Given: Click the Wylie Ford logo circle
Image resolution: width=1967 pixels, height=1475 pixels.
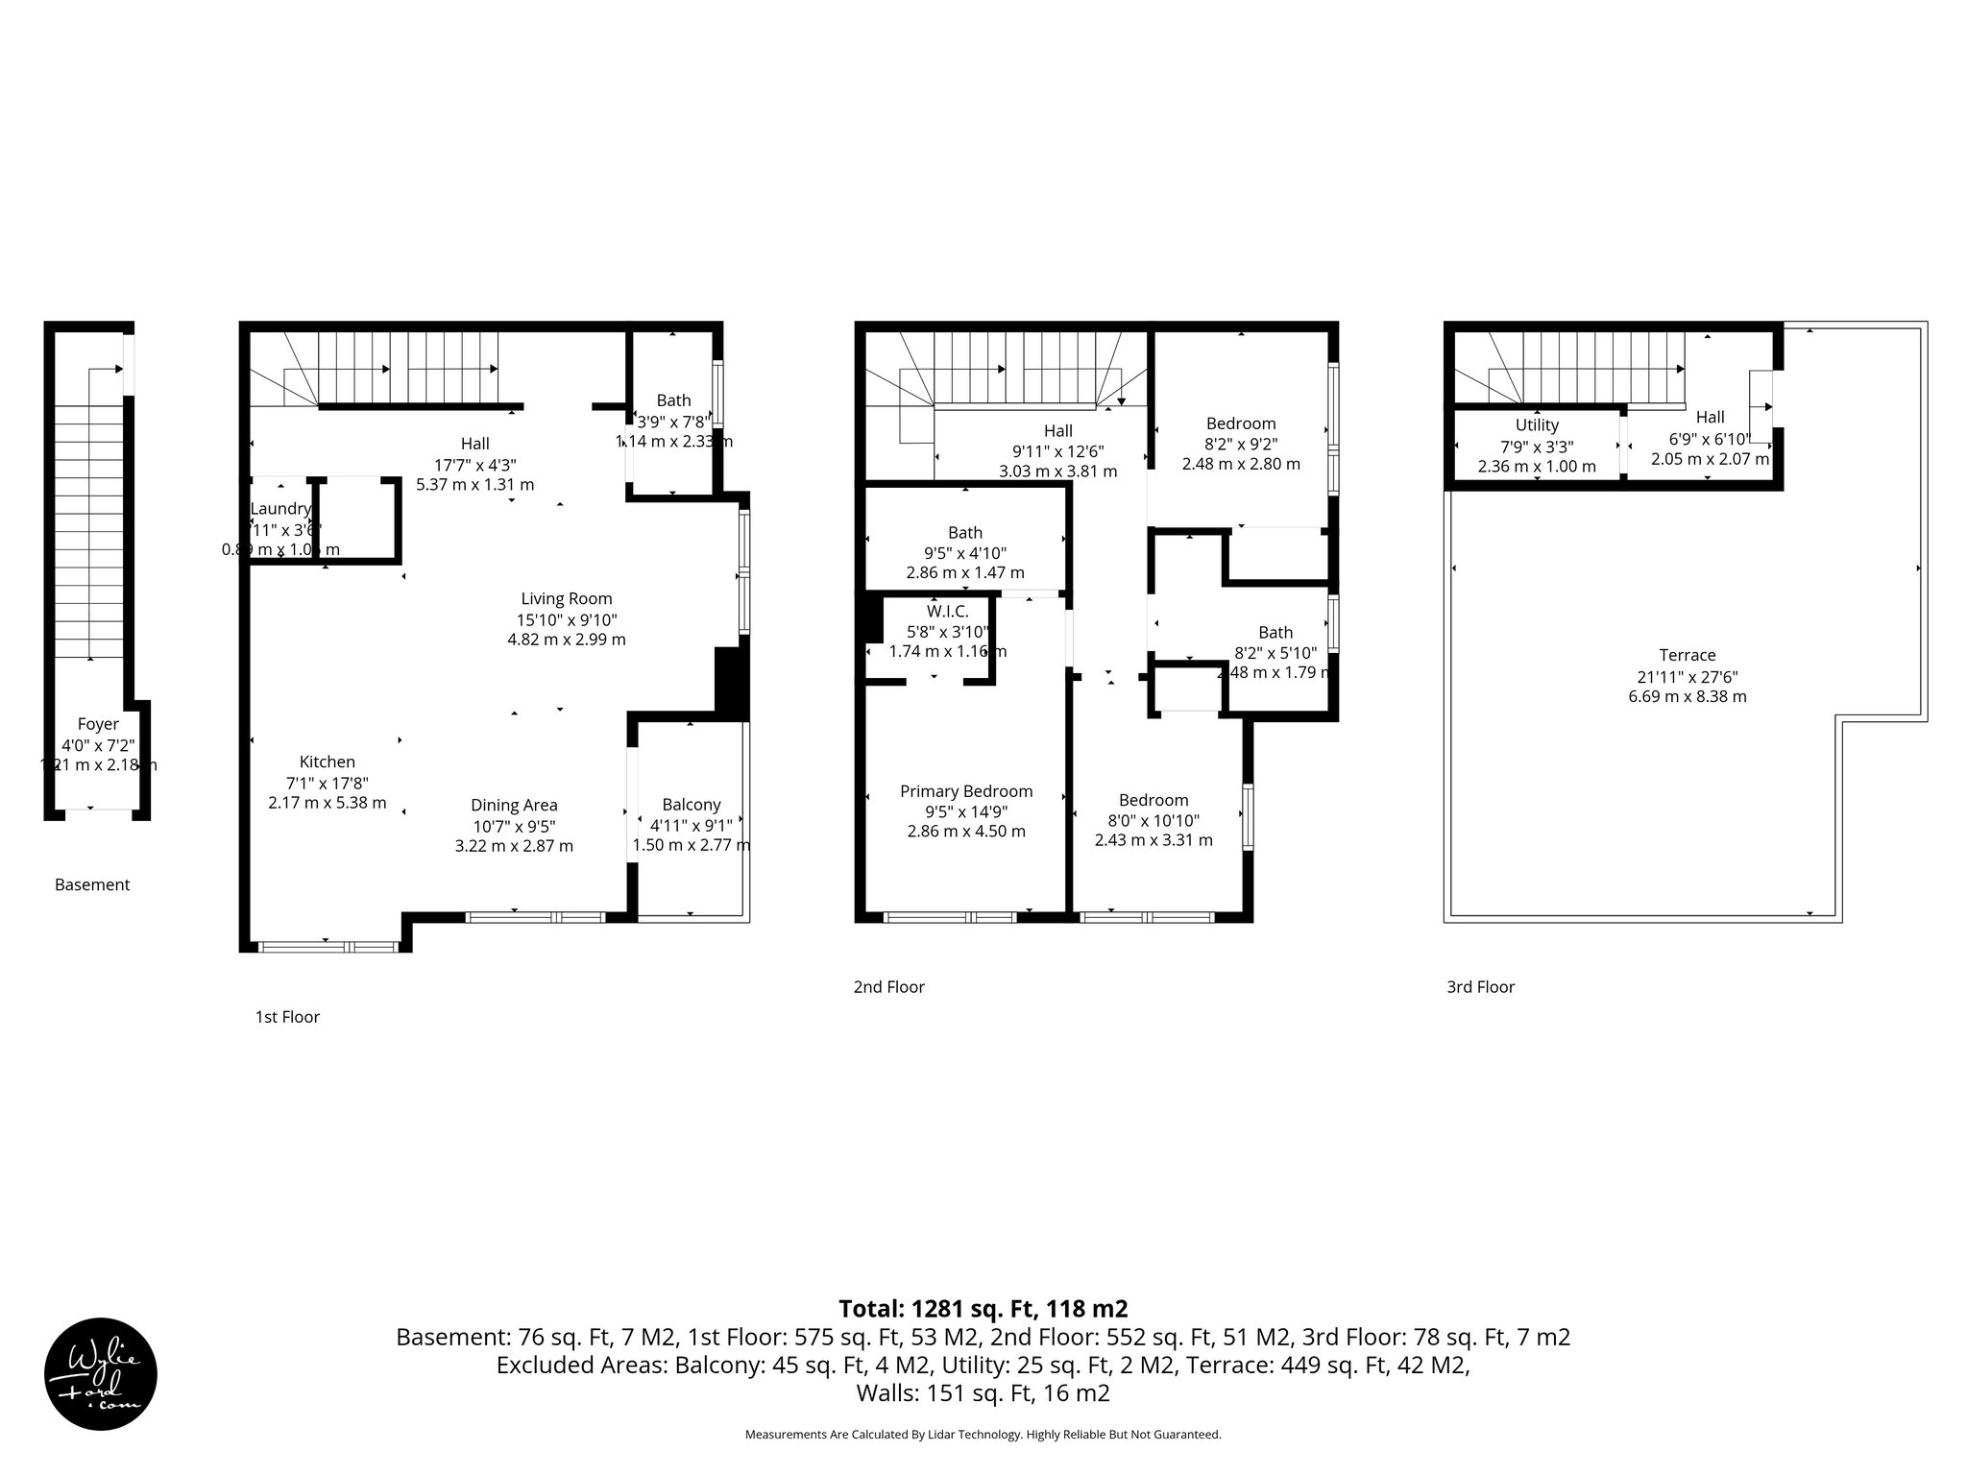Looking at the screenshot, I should [101, 1373].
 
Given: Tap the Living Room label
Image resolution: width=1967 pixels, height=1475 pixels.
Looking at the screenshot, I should [566, 598].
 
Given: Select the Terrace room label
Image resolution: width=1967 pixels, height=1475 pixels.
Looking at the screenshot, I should [1687, 655].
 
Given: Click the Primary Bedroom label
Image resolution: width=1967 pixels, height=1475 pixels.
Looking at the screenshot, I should [966, 791].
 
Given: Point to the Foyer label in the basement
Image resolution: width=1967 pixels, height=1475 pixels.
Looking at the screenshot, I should [98, 724].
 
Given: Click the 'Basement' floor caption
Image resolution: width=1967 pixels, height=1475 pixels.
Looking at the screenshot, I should [92, 884].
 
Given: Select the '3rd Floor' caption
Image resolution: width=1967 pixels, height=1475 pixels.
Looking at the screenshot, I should [1480, 986].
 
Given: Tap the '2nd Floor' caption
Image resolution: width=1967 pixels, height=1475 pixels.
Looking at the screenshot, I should [888, 986].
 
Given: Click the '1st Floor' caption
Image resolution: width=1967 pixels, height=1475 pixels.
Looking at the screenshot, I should [287, 1016].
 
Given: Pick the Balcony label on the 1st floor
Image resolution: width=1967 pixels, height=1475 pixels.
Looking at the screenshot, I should [691, 805].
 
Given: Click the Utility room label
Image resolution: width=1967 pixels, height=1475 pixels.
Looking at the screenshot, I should [1537, 424].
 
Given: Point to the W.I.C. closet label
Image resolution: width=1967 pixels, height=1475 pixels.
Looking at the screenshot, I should [947, 611].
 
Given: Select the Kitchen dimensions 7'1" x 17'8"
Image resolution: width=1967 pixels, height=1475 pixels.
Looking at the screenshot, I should [327, 783].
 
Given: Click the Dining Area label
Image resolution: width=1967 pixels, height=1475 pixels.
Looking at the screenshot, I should [514, 805].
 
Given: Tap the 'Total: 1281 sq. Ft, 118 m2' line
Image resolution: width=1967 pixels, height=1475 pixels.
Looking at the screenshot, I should [983, 1308].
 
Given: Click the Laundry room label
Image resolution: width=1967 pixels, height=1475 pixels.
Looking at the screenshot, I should [280, 508].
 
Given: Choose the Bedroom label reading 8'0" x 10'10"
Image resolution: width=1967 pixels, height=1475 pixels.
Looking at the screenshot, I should [1153, 800].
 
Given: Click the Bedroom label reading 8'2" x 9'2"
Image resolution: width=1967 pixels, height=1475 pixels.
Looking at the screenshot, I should [1241, 423].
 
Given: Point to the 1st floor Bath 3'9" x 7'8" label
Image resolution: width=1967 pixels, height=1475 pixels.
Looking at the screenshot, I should [673, 400].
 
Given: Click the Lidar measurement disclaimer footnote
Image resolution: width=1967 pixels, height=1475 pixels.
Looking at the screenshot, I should [983, 1434].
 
